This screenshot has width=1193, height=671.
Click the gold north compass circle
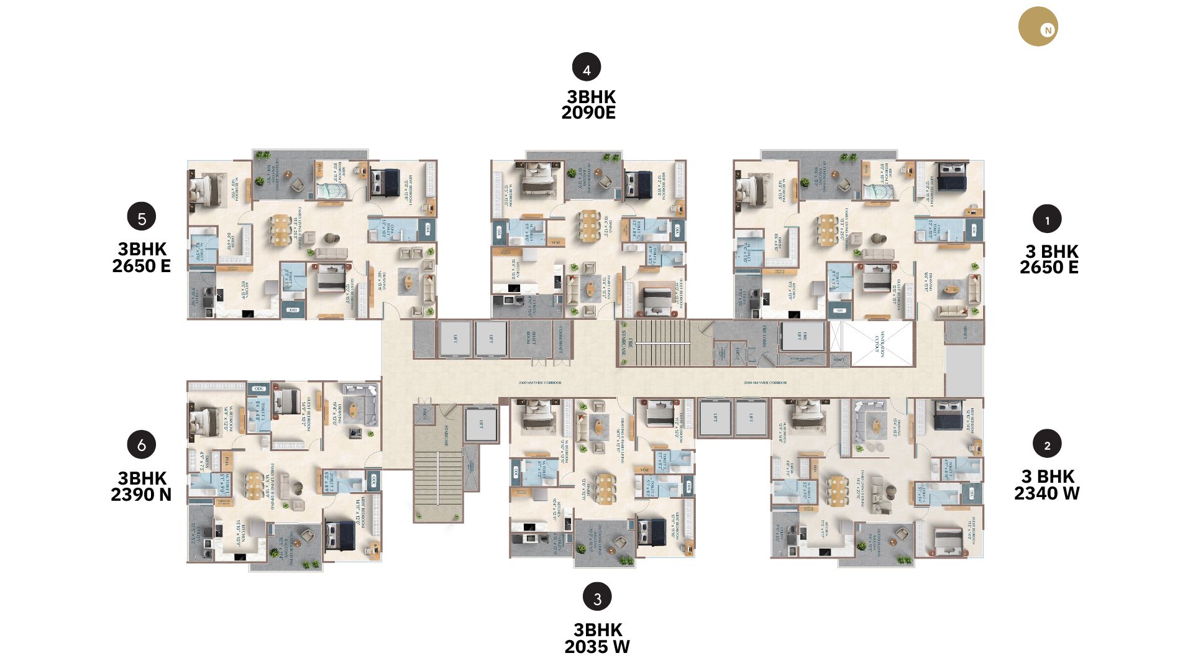(1038, 27)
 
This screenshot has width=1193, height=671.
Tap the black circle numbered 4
(587, 67)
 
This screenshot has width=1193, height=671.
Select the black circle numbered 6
(142, 445)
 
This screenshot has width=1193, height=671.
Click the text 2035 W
(597, 647)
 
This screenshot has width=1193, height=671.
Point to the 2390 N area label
(141, 495)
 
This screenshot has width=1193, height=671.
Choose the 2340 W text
(1047, 493)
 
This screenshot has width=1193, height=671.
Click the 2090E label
(588, 112)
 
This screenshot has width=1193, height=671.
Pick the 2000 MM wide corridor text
(765, 383)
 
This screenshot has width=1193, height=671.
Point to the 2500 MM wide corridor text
(540, 383)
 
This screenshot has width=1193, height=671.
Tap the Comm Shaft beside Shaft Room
(561, 339)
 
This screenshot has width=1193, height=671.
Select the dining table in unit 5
(282, 229)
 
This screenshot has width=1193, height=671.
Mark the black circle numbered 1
(1047, 219)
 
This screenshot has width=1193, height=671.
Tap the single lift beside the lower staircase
(481, 425)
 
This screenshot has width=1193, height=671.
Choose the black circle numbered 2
(1047, 444)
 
